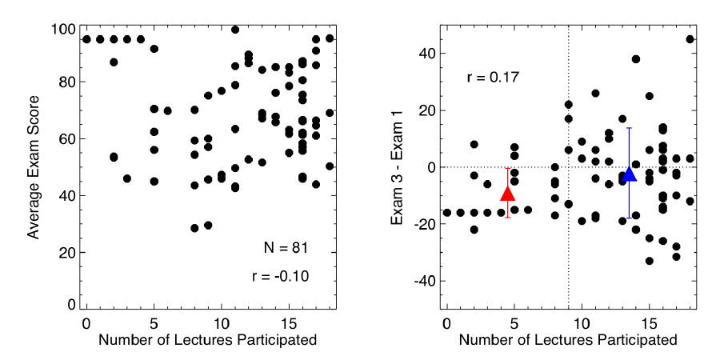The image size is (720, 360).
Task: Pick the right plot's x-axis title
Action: coord(567,339)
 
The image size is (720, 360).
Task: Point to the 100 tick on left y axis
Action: coord(66,30)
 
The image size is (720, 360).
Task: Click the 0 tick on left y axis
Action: coord(73,305)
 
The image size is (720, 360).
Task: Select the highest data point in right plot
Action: coord(690,39)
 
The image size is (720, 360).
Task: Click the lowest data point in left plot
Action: coord(194,228)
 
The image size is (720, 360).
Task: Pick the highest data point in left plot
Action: coord(235,30)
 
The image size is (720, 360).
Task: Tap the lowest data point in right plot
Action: coord(650,261)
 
